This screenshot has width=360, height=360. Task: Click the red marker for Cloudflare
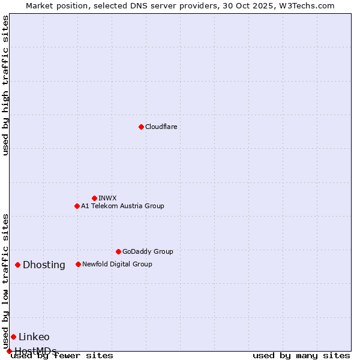(x=141, y=127)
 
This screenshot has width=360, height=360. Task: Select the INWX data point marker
(x=94, y=198)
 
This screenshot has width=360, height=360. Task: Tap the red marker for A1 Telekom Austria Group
(x=77, y=206)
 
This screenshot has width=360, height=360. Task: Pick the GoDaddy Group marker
(x=118, y=251)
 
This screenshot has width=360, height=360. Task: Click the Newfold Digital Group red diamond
(x=78, y=264)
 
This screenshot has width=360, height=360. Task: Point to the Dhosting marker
(x=18, y=265)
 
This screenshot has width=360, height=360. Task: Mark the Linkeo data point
(x=13, y=337)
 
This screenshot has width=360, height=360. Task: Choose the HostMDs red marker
(x=9, y=351)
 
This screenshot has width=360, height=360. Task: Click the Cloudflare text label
(x=161, y=127)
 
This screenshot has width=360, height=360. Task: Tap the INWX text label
(x=107, y=198)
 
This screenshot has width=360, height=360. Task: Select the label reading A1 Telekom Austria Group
(x=122, y=206)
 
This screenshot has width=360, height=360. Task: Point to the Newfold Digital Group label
(x=117, y=264)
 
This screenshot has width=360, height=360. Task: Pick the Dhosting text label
(x=44, y=265)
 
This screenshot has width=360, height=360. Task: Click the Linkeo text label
(x=34, y=337)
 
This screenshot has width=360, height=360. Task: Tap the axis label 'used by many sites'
(x=301, y=355)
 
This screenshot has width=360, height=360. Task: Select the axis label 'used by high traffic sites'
(x=5, y=85)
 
